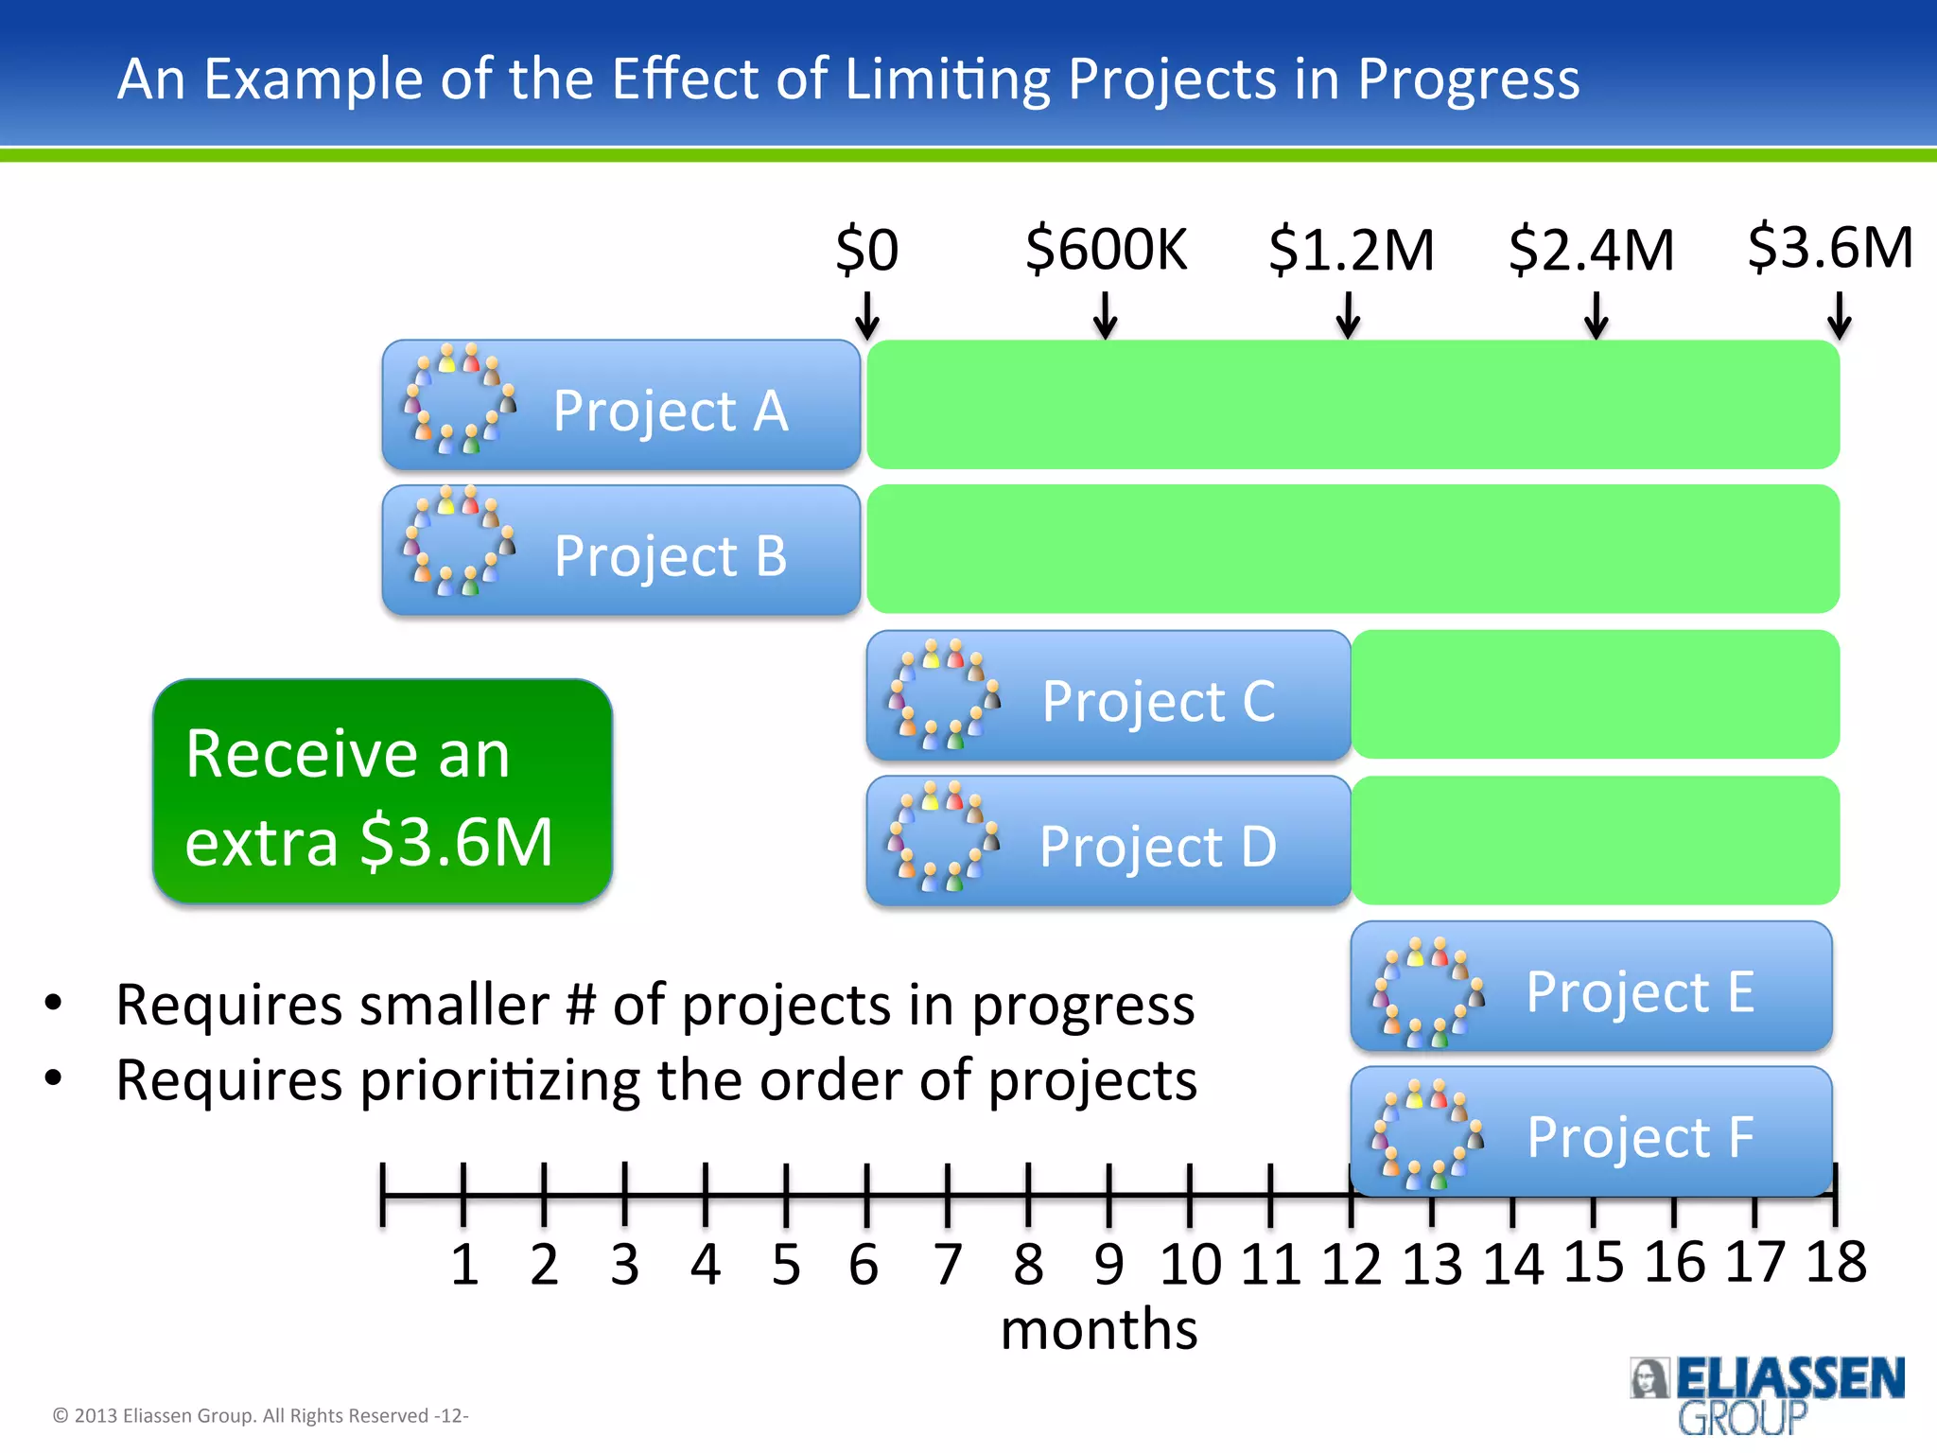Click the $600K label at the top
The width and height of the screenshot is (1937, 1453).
pyautogui.click(x=1106, y=250)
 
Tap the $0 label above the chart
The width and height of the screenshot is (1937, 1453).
pyautogui.click(x=866, y=250)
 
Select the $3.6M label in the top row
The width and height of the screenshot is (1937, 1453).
pyautogui.click(x=1830, y=248)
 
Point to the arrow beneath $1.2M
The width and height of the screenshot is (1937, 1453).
pyautogui.click(x=1348, y=315)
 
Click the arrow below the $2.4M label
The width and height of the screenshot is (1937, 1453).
pyautogui.click(x=1596, y=315)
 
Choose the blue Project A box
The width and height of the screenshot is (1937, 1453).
pyautogui.click(x=620, y=406)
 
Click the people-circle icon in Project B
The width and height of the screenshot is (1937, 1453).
pyautogui.click(x=460, y=542)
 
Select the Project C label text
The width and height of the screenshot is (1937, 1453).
pyautogui.click(x=1159, y=701)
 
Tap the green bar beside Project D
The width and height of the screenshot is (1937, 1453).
pyautogui.click(x=1595, y=840)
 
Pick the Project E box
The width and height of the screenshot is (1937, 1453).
pyautogui.click(x=1591, y=987)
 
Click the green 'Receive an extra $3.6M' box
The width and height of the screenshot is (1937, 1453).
pyautogui.click(x=382, y=792)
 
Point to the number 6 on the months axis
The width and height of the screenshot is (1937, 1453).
pyautogui.click(x=864, y=1264)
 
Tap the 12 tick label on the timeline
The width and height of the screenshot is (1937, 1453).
pyautogui.click(x=1351, y=1264)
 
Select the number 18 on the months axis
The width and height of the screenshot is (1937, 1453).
pyautogui.click(x=1836, y=1262)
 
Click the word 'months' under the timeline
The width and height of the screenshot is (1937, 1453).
pyautogui.click(x=1099, y=1329)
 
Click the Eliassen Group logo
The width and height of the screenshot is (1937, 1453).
pyautogui.click(x=1766, y=1394)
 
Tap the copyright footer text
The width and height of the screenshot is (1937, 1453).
pyautogui.click(x=260, y=1416)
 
